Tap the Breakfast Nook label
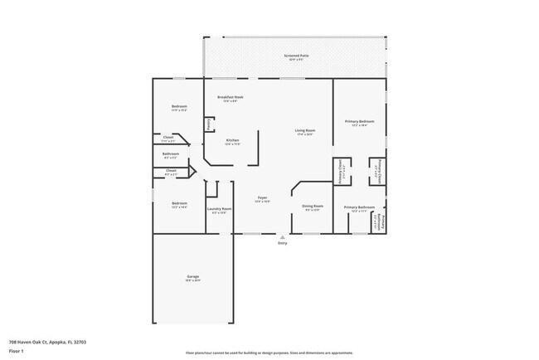click(x=231, y=97)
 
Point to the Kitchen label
click(x=233, y=140)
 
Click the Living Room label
click(x=305, y=130)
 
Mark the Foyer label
click(x=262, y=197)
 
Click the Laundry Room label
click(x=219, y=208)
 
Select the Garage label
click(x=192, y=276)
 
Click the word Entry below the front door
click(x=283, y=242)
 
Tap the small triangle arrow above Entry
click(x=283, y=236)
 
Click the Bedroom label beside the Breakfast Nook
click(x=180, y=106)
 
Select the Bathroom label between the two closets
click(x=171, y=153)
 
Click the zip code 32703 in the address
click(x=80, y=342)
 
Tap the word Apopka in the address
click(x=56, y=342)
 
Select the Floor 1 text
click(x=17, y=349)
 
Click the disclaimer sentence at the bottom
click(x=269, y=353)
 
